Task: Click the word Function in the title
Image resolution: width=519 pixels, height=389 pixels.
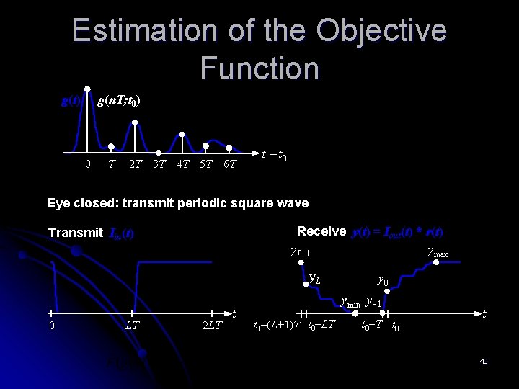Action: pyautogui.click(x=259, y=68)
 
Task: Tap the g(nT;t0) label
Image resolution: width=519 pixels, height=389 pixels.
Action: pyautogui.click(x=118, y=101)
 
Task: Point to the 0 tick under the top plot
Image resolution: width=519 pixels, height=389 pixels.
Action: pyautogui.click(x=88, y=164)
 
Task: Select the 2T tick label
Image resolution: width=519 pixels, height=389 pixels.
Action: pyautogui.click(x=135, y=164)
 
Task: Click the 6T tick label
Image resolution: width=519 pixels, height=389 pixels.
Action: pyautogui.click(x=229, y=164)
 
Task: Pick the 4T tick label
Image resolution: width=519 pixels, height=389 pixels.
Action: pyautogui.click(x=182, y=164)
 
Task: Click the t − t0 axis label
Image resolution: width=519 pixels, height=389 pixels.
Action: pyautogui.click(x=275, y=155)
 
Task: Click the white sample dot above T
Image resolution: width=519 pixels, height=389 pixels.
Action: pyautogui.click(x=111, y=146)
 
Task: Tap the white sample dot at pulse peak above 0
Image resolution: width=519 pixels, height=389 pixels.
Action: pyautogui.click(x=88, y=90)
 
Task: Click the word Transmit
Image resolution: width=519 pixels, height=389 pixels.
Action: pyautogui.click(x=75, y=233)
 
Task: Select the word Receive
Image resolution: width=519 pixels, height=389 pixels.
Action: pyautogui.click(x=321, y=231)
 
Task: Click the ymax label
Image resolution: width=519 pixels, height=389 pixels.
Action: pyautogui.click(x=437, y=252)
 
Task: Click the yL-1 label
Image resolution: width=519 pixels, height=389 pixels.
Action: pyautogui.click(x=299, y=252)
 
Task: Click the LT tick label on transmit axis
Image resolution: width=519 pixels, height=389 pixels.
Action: pyautogui.click(x=132, y=326)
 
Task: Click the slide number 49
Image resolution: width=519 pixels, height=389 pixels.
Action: pyautogui.click(x=484, y=361)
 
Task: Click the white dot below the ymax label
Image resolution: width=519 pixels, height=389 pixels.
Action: pyautogui.click(x=436, y=264)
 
